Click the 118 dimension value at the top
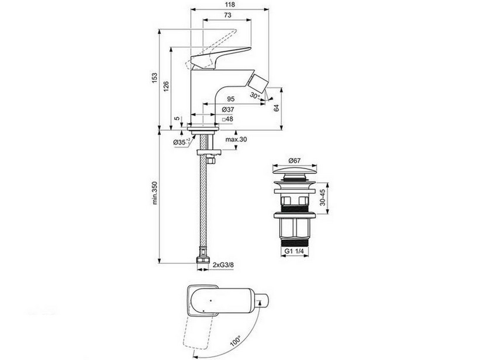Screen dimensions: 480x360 pyautogui.click(x=230, y=4)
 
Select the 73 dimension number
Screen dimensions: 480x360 pyautogui.click(x=227, y=15)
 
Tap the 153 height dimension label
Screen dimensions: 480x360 pyautogui.click(x=155, y=78)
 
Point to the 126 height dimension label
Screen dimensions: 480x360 pyautogui.click(x=165, y=86)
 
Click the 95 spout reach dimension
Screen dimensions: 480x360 pyautogui.click(x=231, y=99)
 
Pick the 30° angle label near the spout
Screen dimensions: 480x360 pyautogui.click(x=254, y=95)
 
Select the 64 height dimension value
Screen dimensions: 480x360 pyautogui.click(x=277, y=108)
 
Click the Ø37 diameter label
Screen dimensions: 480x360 pyautogui.click(x=228, y=109)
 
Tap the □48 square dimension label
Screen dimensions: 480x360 pyautogui.click(x=227, y=119)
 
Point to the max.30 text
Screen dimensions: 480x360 pyautogui.click(x=236, y=140)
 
